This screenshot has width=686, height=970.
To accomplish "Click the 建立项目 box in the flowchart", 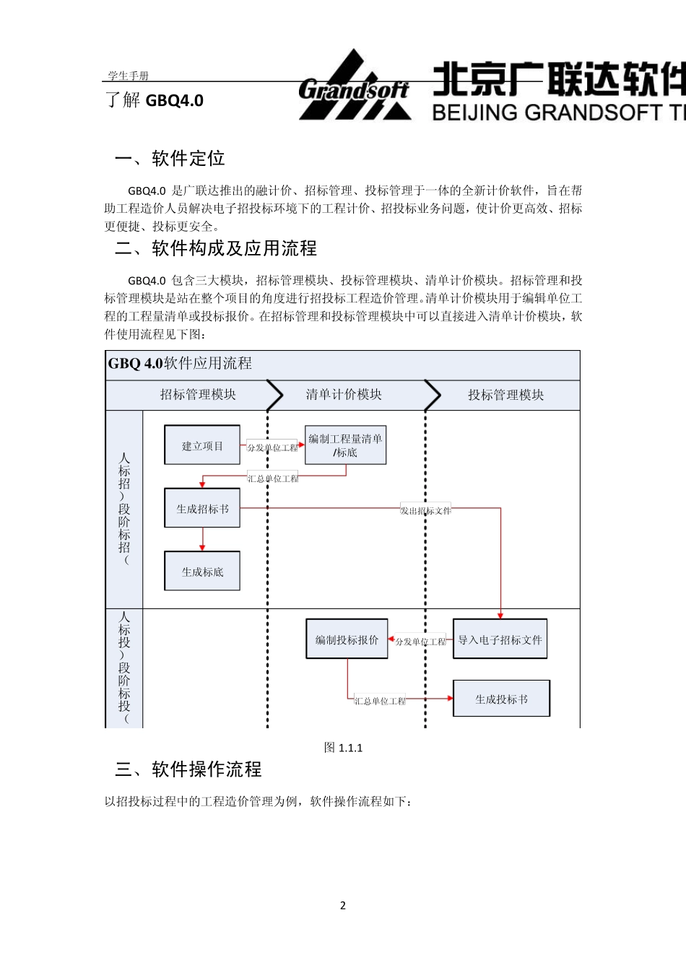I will [x=202, y=445].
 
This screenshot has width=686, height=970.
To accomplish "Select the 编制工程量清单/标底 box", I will [x=345, y=445].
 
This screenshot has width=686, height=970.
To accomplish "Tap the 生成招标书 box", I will [x=202, y=508].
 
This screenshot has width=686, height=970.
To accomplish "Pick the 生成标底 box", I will [x=202, y=572].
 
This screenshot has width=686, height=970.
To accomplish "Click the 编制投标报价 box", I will [x=347, y=639].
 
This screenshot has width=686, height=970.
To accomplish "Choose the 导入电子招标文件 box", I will [x=500, y=639].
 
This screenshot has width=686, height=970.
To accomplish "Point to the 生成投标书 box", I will [x=501, y=699].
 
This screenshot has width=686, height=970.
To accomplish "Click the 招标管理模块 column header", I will [x=198, y=395].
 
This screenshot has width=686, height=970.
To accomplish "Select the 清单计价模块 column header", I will [x=344, y=395].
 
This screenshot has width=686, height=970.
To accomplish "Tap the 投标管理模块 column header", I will [x=505, y=395].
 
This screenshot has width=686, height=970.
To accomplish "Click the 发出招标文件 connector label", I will [x=425, y=510].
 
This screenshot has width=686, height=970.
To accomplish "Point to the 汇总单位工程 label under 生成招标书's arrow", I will [x=273, y=479].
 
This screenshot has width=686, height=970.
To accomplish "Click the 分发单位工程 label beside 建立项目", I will [x=272, y=447].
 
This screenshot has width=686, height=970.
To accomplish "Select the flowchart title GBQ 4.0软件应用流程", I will [x=180, y=363].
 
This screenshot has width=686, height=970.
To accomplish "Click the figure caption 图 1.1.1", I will [x=343, y=748].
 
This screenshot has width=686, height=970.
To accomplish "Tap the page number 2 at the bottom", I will [x=343, y=905].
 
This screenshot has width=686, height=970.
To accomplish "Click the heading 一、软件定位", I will [x=170, y=159].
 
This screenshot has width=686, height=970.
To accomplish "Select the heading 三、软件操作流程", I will [x=188, y=769].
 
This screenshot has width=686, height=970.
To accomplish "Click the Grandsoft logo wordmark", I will [x=354, y=90].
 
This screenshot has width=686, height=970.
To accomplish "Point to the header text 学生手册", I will [x=128, y=76].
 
